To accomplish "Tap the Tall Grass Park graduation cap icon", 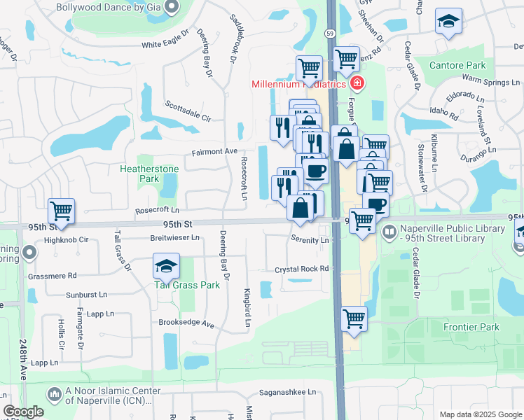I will pyautogui.click(x=166, y=267).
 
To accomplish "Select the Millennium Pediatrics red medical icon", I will pyautogui.click(x=357, y=84).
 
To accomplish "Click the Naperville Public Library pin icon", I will pyautogui.click(x=389, y=230).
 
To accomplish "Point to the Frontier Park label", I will pyautogui.click(x=471, y=327).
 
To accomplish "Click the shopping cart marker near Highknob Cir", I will pyautogui.click(x=61, y=211).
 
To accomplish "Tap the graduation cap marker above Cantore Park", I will pyautogui.click(x=448, y=22).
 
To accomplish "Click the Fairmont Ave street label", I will pyautogui.click(x=215, y=151).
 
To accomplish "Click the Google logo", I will pyautogui.click(x=22, y=412).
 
